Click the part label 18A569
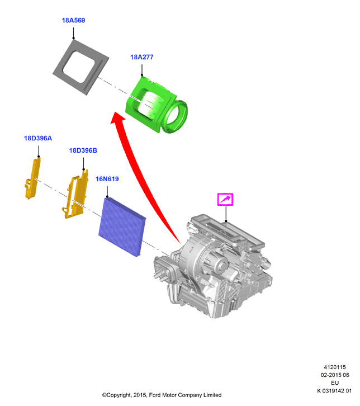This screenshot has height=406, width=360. (x=73, y=20)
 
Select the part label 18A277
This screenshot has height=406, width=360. (x=141, y=57)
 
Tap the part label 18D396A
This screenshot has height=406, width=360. (x=38, y=138)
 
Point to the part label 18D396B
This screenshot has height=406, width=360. (x=83, y=150)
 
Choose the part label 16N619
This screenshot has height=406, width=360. (x=107, y=179)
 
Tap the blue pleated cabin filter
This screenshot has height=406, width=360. (x=122, y=227)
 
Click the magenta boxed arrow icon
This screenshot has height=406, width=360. (x=225, y=200)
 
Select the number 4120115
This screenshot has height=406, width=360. (x=335, y=367)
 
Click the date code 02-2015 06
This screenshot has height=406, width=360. (x=335, y=375)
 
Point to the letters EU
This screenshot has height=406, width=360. (x=335, y=383)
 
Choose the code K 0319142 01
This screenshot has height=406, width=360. (x=334, y=391)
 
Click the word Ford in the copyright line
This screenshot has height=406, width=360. (x=155, y=395)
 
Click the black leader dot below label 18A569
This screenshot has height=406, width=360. (x=73, y=38)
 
